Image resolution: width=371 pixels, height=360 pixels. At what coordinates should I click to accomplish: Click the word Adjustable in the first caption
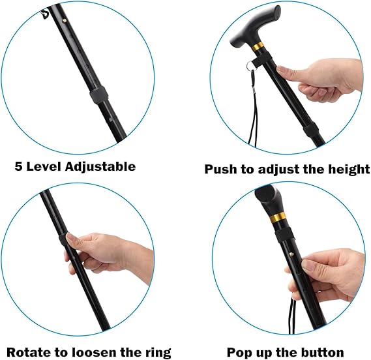100,167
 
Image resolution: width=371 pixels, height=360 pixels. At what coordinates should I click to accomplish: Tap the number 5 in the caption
18,166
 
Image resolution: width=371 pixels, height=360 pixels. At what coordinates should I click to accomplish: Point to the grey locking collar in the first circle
99,95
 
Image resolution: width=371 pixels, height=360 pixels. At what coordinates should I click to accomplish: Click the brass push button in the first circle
65,21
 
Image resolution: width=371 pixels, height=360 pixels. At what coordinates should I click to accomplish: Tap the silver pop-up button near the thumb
291,254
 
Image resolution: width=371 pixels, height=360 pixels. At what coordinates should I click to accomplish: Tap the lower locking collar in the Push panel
311,130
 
